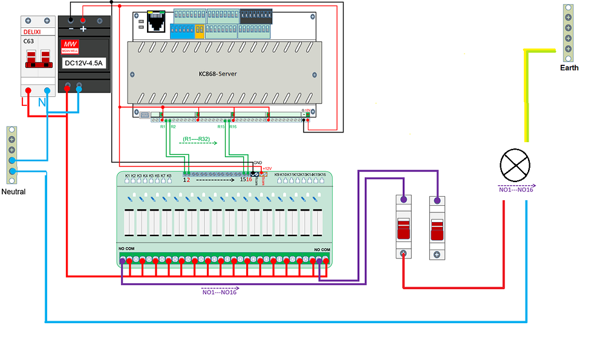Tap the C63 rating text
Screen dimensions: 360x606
point(29,42)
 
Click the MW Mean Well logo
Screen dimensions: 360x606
point(70,47)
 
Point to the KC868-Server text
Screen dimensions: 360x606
point(218,74)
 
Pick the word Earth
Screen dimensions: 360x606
point(569,68)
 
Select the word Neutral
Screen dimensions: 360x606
point(13,191)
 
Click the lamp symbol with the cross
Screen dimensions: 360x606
point(515,165)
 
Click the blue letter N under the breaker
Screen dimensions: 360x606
point(42,103)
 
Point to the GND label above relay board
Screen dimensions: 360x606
point(258,163)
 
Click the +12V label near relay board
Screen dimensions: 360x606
point(267,168)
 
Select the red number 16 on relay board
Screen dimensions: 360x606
point(249,180)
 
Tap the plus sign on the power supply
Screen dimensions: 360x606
point(83,28)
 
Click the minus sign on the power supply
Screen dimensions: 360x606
point(71,28)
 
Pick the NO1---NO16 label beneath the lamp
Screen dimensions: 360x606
point(515,190)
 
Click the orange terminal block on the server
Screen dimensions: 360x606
point(200,31)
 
